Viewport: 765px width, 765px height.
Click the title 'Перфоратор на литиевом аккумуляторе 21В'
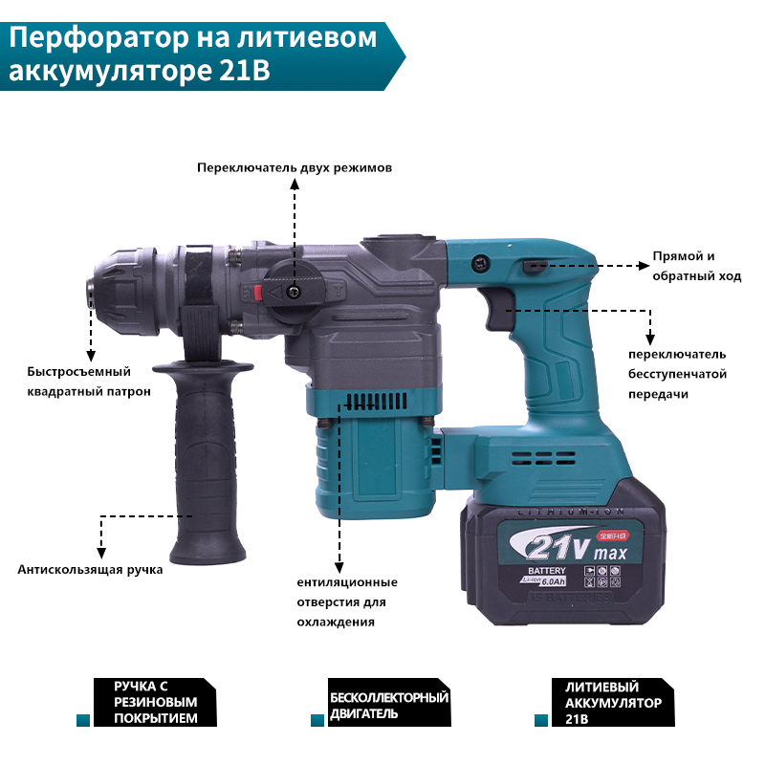191,55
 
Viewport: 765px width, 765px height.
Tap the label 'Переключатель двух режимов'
295,167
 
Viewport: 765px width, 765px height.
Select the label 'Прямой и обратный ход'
696,266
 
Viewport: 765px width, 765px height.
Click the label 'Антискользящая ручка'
90,570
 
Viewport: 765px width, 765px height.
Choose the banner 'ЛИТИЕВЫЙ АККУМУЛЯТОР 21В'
613,703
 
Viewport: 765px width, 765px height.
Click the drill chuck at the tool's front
120,287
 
